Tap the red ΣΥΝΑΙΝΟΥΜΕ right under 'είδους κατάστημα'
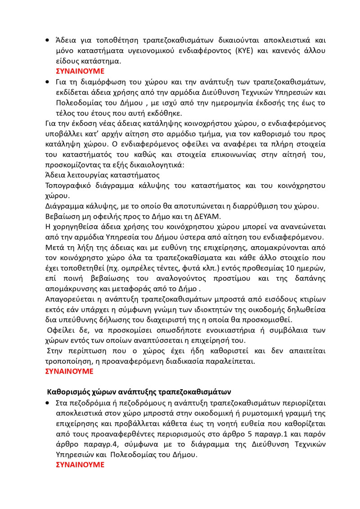click(x=80, y=71)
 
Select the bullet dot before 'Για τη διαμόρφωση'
click(x=48, y=82)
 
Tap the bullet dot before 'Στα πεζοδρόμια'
click(x=48, y=403)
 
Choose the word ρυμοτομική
click(x=249, y=413)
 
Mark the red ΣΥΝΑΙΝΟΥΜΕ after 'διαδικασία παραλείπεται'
click(x=70, y=371)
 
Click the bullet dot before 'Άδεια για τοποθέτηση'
click(x=48, y=41)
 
